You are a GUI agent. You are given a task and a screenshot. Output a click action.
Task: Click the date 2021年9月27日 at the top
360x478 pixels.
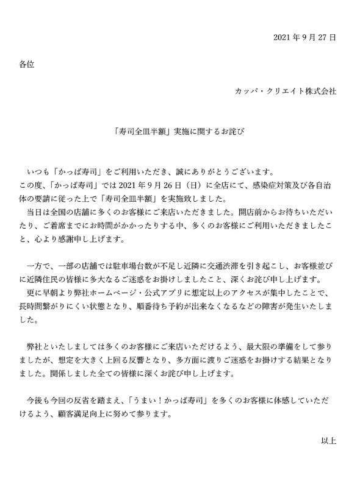coord(305,38)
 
